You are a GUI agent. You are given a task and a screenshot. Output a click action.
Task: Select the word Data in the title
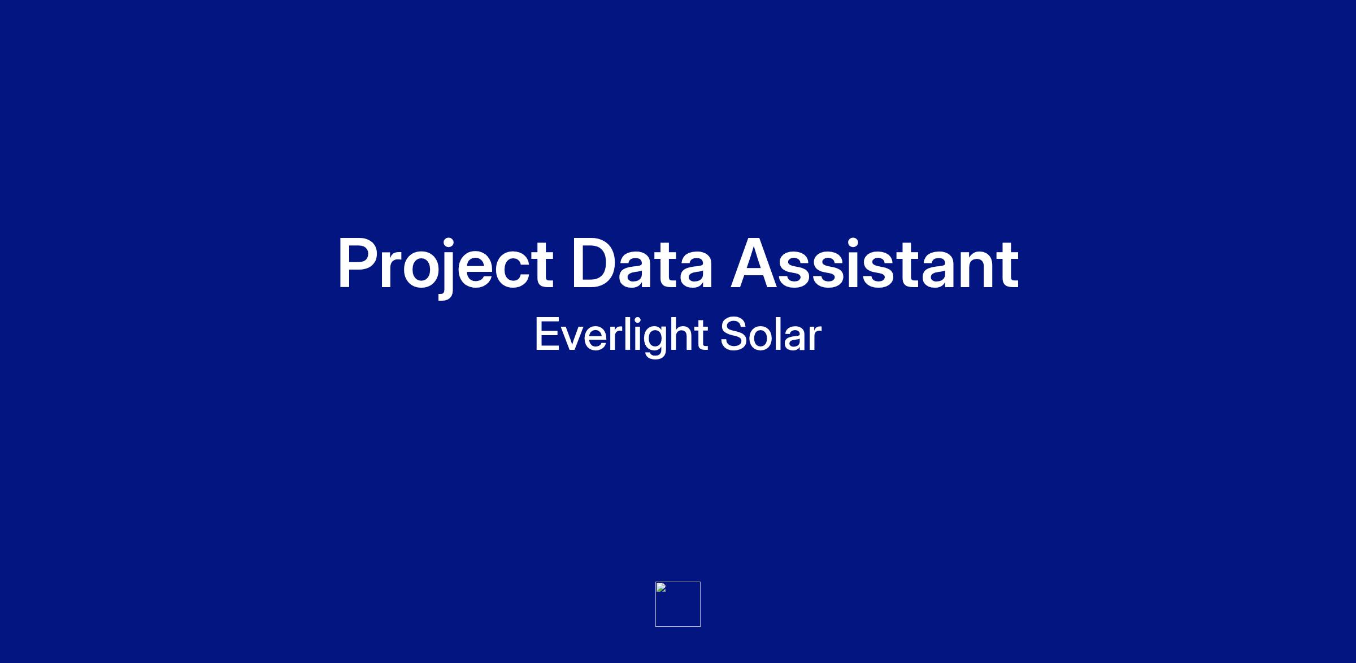[642, 263]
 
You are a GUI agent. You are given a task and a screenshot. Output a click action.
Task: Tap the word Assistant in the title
[875, 263]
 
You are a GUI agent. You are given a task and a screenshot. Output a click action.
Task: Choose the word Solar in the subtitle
[771, 335]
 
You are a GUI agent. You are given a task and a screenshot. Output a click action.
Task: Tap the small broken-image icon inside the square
[661, 587]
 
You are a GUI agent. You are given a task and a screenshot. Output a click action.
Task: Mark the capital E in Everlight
[547, 335]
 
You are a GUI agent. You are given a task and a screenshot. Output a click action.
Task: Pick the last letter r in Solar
[814, 339]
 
